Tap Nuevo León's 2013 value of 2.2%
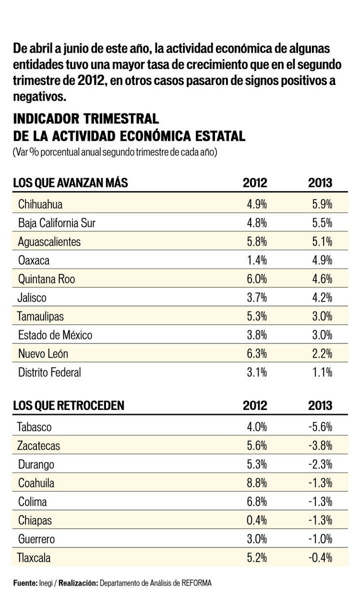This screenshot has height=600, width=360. coord(320,354)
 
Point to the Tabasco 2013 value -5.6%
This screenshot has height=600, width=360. coord(318,427)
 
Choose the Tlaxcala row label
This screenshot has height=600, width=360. coord(34,558)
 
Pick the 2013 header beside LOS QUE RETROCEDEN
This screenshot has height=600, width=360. coord(320,405)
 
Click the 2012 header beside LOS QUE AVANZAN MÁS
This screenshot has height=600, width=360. coord(255,182)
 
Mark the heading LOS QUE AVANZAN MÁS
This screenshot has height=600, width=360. coord(70,182)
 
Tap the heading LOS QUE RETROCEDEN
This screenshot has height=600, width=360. coord(68,405)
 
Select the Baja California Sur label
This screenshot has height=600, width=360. coord(56,223)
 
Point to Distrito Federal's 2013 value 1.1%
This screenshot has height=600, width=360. coord(320,372)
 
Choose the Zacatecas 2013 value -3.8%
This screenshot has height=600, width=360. coord(318,446)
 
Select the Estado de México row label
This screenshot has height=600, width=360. coord(55,335)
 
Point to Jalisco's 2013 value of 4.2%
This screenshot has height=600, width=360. coord(320,298)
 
